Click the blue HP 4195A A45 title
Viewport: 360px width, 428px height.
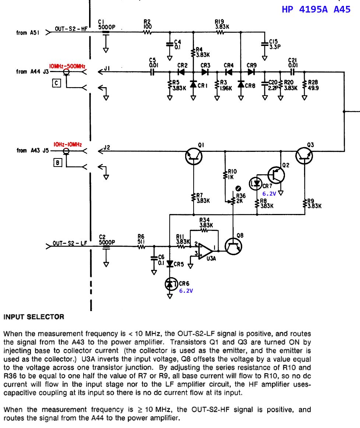pos(316,9)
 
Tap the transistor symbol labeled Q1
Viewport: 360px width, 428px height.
pos(194,156)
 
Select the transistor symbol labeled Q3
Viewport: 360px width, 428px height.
pos(304,156)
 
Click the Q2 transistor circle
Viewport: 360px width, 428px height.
pos(276,175)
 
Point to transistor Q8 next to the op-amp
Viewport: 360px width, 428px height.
pos(233,246)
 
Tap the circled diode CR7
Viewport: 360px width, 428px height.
pos(256,183)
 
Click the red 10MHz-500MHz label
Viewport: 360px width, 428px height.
pos(67,66)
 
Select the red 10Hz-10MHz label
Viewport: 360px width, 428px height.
pos(67,145)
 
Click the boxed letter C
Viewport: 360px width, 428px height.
pos(56,83)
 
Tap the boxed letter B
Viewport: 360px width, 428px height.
pos(57,163)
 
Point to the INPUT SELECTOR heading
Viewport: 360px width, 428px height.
pos(34,317)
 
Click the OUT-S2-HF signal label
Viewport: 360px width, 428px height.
pos(71,29)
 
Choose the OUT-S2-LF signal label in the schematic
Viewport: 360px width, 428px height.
pos(70,243)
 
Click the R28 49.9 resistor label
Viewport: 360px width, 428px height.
pos(313,85)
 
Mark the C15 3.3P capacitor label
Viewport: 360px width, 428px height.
pos(275,44)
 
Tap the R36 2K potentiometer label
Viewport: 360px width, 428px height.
pos(241,199)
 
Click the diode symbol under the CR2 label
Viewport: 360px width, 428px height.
pos(181,72)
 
